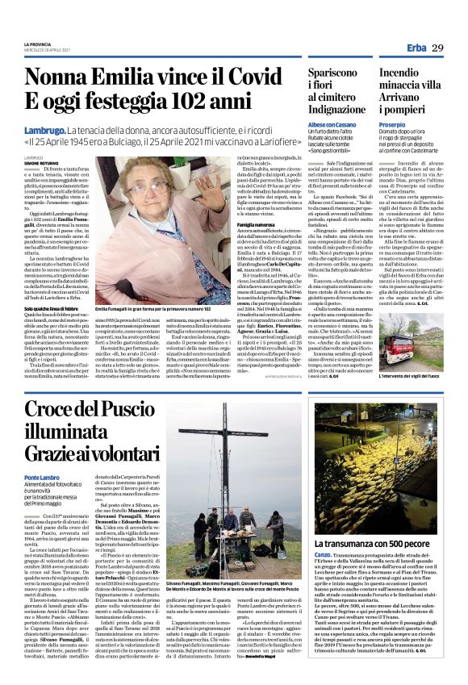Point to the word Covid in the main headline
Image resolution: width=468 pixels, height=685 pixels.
click(x=248, y=77)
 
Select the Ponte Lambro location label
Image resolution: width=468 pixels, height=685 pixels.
click(x=44, y=478)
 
